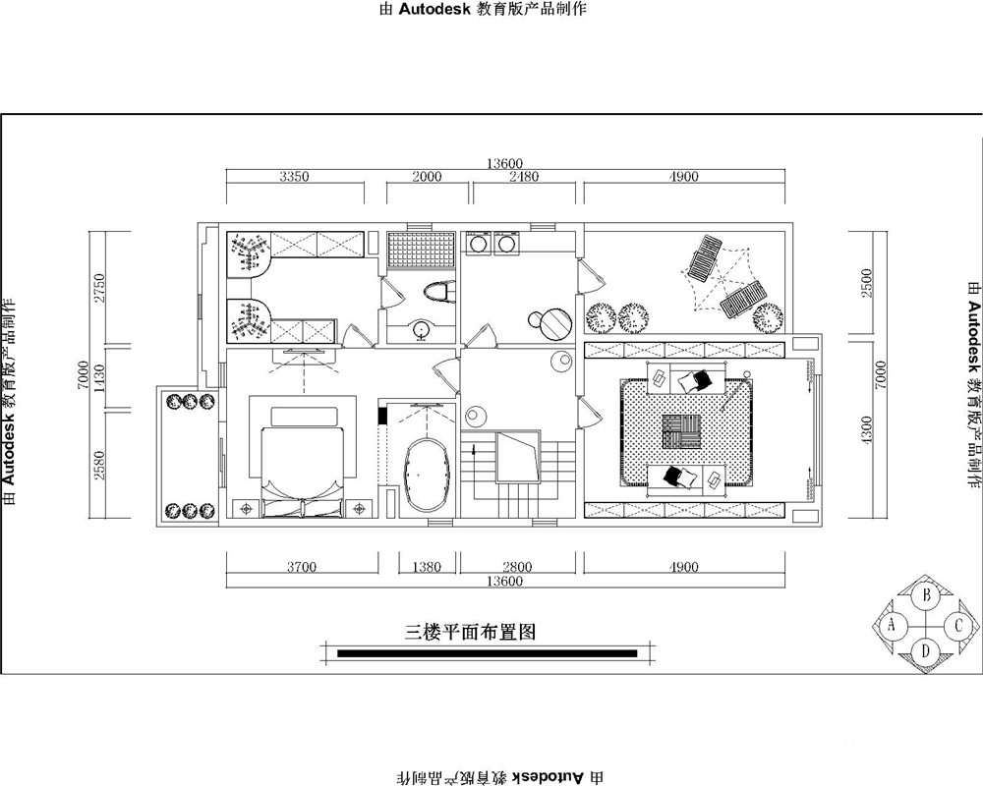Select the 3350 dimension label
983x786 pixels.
[294, 176]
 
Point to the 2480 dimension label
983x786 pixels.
[524, 176]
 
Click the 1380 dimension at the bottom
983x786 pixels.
[427, 567]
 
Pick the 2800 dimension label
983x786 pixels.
[517, 567]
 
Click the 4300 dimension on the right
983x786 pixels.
[867, 430]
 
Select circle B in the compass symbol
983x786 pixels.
[925, 595]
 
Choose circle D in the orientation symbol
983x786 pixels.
[925, 650]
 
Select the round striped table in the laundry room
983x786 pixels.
[556, 324]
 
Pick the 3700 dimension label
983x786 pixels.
[302, 567]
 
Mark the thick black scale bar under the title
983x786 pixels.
[488, 653]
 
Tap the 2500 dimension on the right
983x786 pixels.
[867, 283]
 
